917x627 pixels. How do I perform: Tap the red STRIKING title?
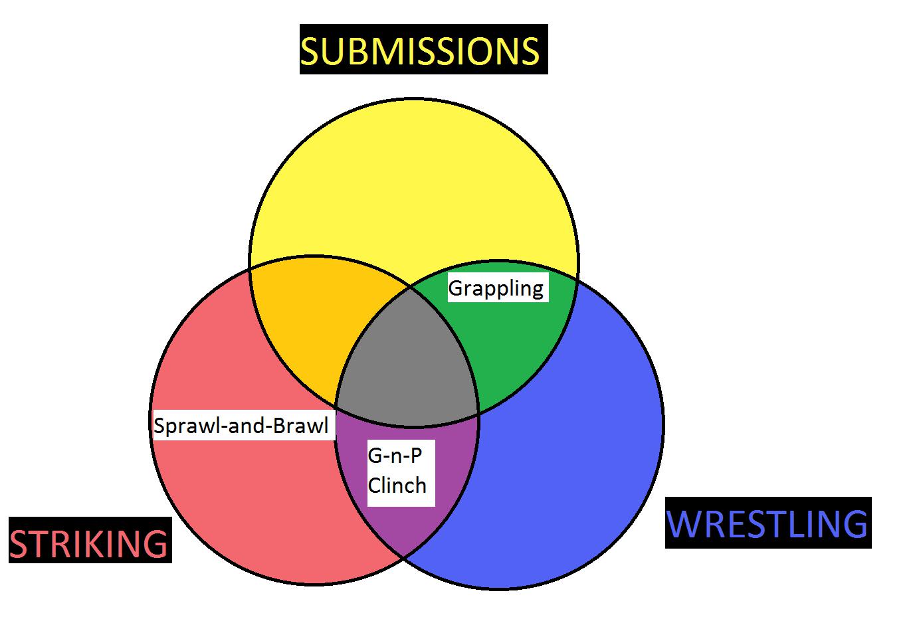(x=89, y=543)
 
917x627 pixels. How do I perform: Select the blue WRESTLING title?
(x=767, y=523)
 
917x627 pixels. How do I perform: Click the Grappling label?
(x=496, y=288)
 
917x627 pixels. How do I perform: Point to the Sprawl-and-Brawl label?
(x=241, y=425)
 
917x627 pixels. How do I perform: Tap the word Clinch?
(x=397, y=486)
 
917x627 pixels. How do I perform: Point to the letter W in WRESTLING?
(x=684, y=523)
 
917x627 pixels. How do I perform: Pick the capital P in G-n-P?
(x=416, y=456)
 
